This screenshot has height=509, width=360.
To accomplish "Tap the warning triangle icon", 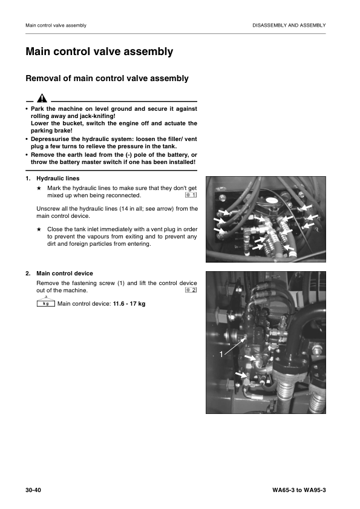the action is click(x=41, y=98).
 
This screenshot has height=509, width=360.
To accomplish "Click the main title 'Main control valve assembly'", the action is click(x=99, y=52).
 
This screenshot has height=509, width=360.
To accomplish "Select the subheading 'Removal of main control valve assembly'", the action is click(x=106, y=79).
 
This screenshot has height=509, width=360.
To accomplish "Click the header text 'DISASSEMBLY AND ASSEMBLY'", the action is click(x=289, y=25).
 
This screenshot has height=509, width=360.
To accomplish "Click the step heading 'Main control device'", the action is click(x=64, y=274).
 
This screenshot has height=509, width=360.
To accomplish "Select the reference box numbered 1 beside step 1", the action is click(x=191, y=195).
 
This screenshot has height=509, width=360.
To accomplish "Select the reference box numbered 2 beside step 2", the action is click(x=191, y=291).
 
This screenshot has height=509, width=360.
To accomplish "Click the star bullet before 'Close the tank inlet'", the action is click(x=39, y=229).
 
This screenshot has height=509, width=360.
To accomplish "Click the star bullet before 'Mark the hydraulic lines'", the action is click(x=39, y=188).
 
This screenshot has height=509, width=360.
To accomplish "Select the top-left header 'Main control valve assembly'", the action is click(x=56, y=25).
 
